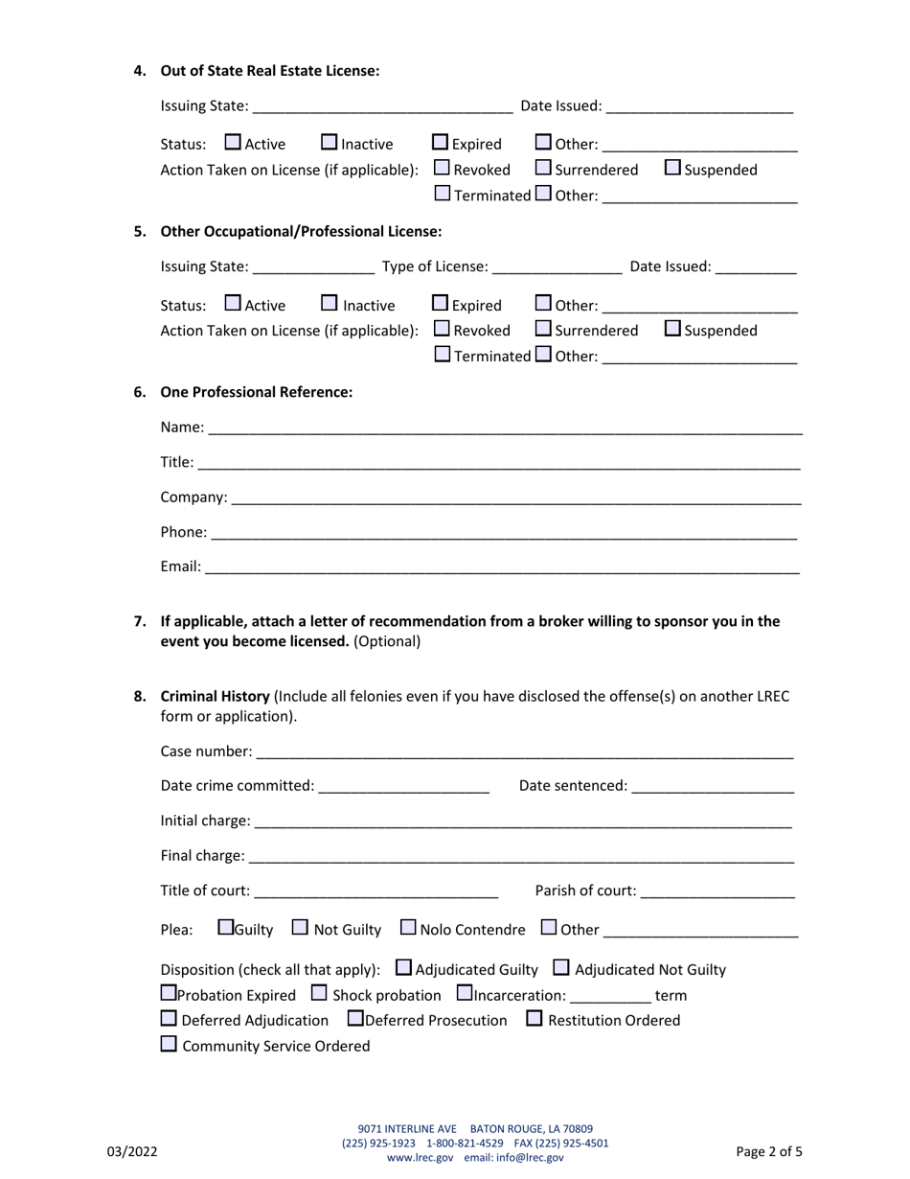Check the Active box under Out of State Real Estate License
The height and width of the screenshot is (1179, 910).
(x=233, y=143)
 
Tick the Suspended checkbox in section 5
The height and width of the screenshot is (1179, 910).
(x=672, y=329)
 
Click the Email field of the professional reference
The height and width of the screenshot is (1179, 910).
(x=502, y=566)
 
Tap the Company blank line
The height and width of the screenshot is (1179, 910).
(x=516, y=497)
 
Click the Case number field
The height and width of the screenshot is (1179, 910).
(x=524, y=751)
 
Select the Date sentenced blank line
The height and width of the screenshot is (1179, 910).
(x=713, y=785)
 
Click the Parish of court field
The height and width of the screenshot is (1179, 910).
(x=717, y=890)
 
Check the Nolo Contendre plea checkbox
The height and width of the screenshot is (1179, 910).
(x=408, y=928)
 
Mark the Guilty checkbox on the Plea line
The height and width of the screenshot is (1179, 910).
(x=225, y=928)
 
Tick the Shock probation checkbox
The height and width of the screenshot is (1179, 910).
(x=320, y=994)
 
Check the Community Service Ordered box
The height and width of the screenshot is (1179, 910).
(x=169, y=1045)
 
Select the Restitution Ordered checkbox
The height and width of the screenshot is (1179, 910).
(x=535, y=1019)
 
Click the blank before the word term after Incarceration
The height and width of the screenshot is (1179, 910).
(x=610, y=995)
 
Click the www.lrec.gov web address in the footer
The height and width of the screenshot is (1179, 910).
(x=420, y=1157)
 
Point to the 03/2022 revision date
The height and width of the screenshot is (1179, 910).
(x=132, y=1152)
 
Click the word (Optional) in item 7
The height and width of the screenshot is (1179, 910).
(x=387, y=641)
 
